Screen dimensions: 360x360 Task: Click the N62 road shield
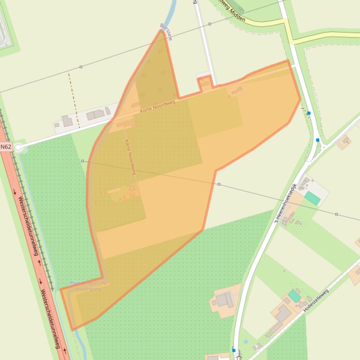coord(6,147)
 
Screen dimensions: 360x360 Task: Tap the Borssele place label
coord(166,32)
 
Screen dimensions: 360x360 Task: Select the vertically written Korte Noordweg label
coord(130,157)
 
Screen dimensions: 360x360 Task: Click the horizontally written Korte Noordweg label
coord(157,106)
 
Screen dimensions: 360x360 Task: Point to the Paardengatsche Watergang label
coord(88,286)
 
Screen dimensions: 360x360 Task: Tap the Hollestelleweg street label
coord(316,301)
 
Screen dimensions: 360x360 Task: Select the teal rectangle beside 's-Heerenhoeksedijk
coord(312,198)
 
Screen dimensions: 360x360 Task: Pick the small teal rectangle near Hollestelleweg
coord(294,296)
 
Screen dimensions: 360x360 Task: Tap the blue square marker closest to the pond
coord(234,350)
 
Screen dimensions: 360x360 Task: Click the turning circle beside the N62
coord(18,148)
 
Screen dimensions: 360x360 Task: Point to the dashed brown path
coord(73,100)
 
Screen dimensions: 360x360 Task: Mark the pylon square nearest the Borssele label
coord(210,24)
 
